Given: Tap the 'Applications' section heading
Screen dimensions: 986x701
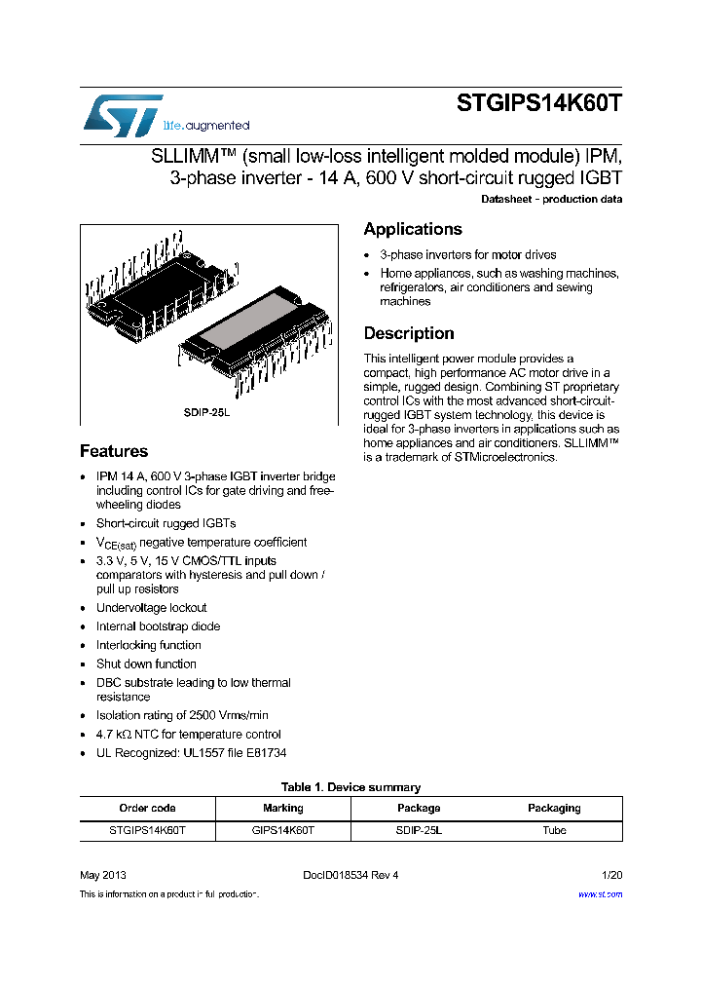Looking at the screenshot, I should (412, 229).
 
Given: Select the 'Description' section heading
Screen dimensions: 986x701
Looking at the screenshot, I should (408, 333).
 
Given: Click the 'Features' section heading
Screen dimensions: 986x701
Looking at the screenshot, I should (114, 451).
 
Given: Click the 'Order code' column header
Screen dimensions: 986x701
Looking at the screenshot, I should (147, 808).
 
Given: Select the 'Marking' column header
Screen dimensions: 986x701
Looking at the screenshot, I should (282, 808).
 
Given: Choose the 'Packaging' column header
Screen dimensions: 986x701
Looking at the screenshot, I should (554, 808).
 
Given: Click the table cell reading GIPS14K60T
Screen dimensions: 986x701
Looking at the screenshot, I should (282, 830).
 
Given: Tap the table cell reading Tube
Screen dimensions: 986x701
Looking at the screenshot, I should (554, 830).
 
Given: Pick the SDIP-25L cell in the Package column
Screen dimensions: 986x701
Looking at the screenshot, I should (419, 830).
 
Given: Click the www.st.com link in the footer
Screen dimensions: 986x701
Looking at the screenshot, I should (600, 893).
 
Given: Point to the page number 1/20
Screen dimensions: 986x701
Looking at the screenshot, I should (611, 875).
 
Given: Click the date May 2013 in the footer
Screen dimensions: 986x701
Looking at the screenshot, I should (102, 875).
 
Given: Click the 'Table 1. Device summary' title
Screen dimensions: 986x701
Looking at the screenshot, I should (350, 787).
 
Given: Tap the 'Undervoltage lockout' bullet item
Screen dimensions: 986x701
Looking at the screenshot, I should (151, 608).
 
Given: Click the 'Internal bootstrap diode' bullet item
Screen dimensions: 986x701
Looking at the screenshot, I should (158, 626).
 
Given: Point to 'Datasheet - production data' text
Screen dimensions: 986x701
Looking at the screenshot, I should (551, 200).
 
